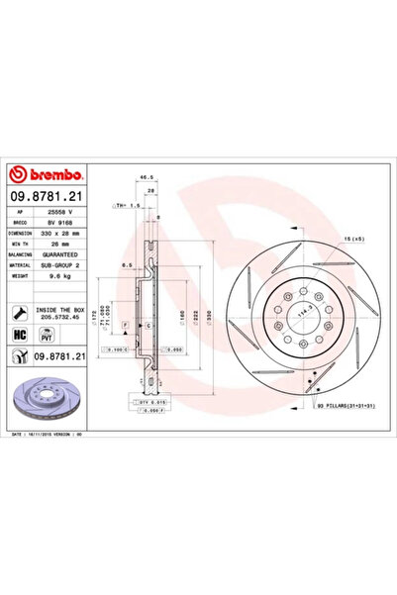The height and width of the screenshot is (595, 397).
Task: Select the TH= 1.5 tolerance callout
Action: pos(128,206)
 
